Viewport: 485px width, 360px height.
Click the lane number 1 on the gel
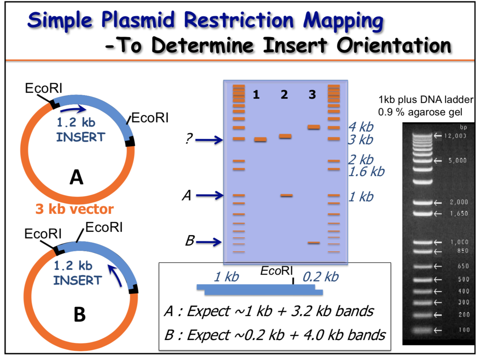click(x=256, y=95)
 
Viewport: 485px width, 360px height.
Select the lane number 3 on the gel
click(x=312, y=95)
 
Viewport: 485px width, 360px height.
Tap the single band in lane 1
click(x=260, y=139)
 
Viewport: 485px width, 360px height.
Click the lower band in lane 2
click(x=286, y=195)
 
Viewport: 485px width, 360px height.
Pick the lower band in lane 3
click(x=313, y=242)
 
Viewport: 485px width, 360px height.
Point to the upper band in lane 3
click(x=314, y=127)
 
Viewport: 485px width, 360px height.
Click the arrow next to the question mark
click(x=209, y=139)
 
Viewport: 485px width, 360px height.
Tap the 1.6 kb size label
click(x=366, y=171)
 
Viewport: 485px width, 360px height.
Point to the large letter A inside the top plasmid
click(x=76, y=177)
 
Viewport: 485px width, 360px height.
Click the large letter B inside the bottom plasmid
click(x=80, y=315)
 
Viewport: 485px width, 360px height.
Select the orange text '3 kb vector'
click(x=75, y=209)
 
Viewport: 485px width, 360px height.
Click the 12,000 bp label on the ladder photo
click(x=455, y=136)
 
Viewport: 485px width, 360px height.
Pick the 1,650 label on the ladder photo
click(x=459, y=214)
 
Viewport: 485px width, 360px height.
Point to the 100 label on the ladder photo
click(x=464, y=330)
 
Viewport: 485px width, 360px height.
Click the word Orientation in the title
click(x=394, y=46)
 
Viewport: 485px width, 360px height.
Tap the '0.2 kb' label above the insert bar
click(x=321, y=277)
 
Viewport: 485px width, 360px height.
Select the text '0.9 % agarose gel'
click(x=420, y=112)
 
